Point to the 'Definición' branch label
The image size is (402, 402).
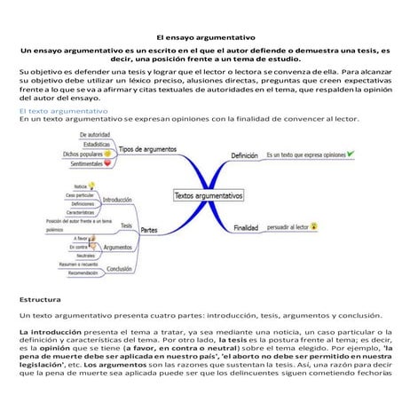(244, 155)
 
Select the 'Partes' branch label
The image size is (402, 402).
(149, 231)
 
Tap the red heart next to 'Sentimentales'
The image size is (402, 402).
(107, 163)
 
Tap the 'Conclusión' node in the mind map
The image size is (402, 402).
(119, 268)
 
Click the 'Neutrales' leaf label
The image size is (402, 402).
(83, 256)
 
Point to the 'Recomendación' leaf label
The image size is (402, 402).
(83, 273)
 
